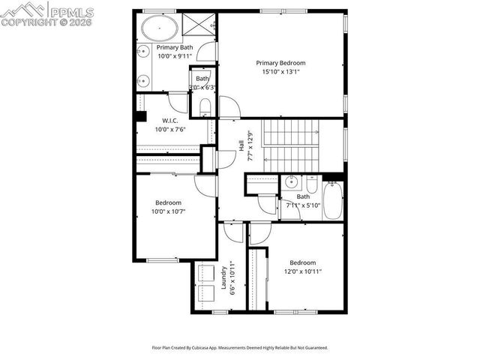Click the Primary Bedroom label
pyautogui.click(x=281, y=63)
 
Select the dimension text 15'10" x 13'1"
pyautogui.click(x=281, y=73)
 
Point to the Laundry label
pyautogui.click(x=223, y=278)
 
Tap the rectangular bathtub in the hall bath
pyautogui.click(x=332, y=200)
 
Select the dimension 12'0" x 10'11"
pyautogui.click(x=303, y=271)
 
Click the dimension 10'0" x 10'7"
pyautogui.click(x=169, y=211)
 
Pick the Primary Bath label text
pyautogui.click(x=175, y=47)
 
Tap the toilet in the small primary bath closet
pyautogui.click(x=204, y=106)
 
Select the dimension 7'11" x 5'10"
pyautogui.click(x=303, y=205)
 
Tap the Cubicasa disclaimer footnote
pyautogui.click(x=240, y=348)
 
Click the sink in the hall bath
pyautogui.click(x=291, y=182)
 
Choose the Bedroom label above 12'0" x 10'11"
pyautogui.click(x=303, y=262)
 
